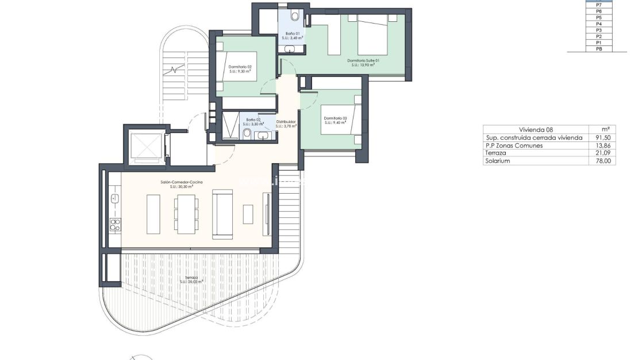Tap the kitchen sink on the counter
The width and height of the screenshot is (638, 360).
(x=114, y=199)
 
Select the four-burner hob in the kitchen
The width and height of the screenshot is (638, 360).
(x=115, y=224)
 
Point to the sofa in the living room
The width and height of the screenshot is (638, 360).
(x=222, y=214)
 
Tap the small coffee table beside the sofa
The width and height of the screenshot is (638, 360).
(x=248, y=214)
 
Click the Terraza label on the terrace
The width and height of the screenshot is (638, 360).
(x=191, y=279)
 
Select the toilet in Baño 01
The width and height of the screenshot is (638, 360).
(x=295, y=16)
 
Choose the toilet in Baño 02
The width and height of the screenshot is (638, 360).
(x=247, y=134)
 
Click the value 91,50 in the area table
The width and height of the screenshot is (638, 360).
(x=605, y=137)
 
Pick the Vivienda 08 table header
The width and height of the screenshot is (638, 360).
(x=535, y=129)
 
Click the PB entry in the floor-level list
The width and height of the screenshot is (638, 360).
(x=598, y=49)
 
